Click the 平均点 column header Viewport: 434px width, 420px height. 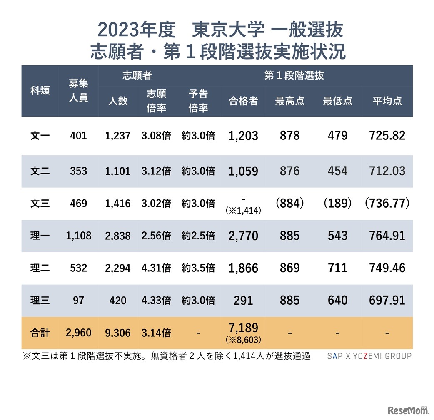[387, 101]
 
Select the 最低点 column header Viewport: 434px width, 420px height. [337, 101]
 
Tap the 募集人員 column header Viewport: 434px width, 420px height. [78, 91]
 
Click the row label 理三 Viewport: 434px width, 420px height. [40, 300]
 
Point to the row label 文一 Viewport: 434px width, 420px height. [40, 136]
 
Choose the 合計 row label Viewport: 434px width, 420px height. [40, 333]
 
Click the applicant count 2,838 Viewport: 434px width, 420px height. [117, 236]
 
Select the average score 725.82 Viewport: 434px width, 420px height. [387, 136]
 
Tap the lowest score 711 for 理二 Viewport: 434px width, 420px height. [337, 268]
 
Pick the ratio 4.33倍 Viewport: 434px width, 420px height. [156, 300]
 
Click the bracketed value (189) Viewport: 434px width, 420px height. [337, 204]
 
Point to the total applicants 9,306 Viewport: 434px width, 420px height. [117, 333]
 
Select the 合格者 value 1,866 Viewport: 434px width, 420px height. [243, 268]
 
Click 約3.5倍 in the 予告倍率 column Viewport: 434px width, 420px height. [198, 268]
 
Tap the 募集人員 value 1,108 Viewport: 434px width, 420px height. [78, 236]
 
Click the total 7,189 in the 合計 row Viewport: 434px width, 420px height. [243, 328]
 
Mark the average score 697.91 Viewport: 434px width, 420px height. [387, 300]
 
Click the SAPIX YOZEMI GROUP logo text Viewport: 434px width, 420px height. [369, 356]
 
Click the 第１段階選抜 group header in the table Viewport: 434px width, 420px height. [294, 76]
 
